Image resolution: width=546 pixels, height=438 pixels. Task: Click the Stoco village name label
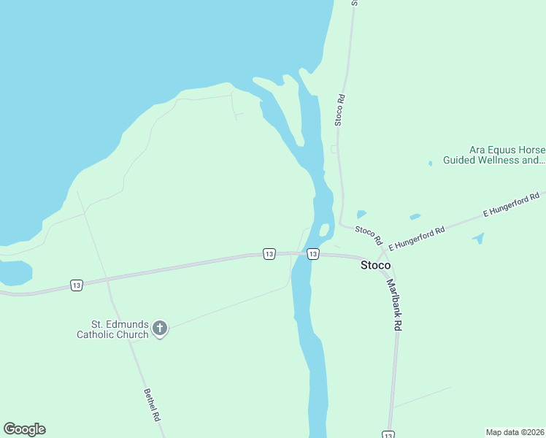pyautogui.click(x=376, y=266)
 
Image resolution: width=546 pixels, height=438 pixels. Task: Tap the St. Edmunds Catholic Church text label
pyautogui.click(x=119, y=329)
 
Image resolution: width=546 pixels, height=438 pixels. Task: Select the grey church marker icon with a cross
pyautogui.click(x=160, y=329)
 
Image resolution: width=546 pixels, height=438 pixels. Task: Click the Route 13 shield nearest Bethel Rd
pyautogui.click(x=76, y=285)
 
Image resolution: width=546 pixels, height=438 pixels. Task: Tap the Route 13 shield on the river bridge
pyautogui.click(x=312, y=254)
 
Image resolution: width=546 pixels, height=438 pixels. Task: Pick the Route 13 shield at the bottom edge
pyautogui.click(x=389, y=434)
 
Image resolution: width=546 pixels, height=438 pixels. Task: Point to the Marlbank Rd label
pyautogui.click(x=395, y=306)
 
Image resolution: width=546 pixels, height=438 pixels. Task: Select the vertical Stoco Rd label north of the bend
pyautogui.click(x=340, y=109)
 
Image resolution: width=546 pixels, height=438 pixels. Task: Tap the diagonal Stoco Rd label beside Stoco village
pyautogui.click(x=369, y=234)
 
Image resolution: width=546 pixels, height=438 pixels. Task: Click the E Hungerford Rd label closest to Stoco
pyautogui.click(x=417, y=239)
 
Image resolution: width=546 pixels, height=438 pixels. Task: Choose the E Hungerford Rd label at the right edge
pyautogui.click(x=512, y=205)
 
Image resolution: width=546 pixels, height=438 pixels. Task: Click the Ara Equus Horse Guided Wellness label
pyautogui.click(x=507, y=155)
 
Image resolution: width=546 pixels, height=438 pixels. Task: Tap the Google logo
pyautogui.click(x=24, y=429)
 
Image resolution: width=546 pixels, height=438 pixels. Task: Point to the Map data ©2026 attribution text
pyautogui.click(x=515, y=432)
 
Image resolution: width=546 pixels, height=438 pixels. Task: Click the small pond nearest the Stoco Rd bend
pyautogui.click(x=361, y=215)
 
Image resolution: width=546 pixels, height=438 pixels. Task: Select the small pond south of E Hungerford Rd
pyautogui.click(x=479, y=237)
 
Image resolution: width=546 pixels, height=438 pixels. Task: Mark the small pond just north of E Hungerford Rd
pyautogui.click(x=415, y=217)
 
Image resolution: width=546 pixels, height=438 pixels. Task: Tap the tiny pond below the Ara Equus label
pyautogui.click(x=430, y=163)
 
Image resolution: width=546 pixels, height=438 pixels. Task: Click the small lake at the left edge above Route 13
pyautogui.click(x=15, y=273)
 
